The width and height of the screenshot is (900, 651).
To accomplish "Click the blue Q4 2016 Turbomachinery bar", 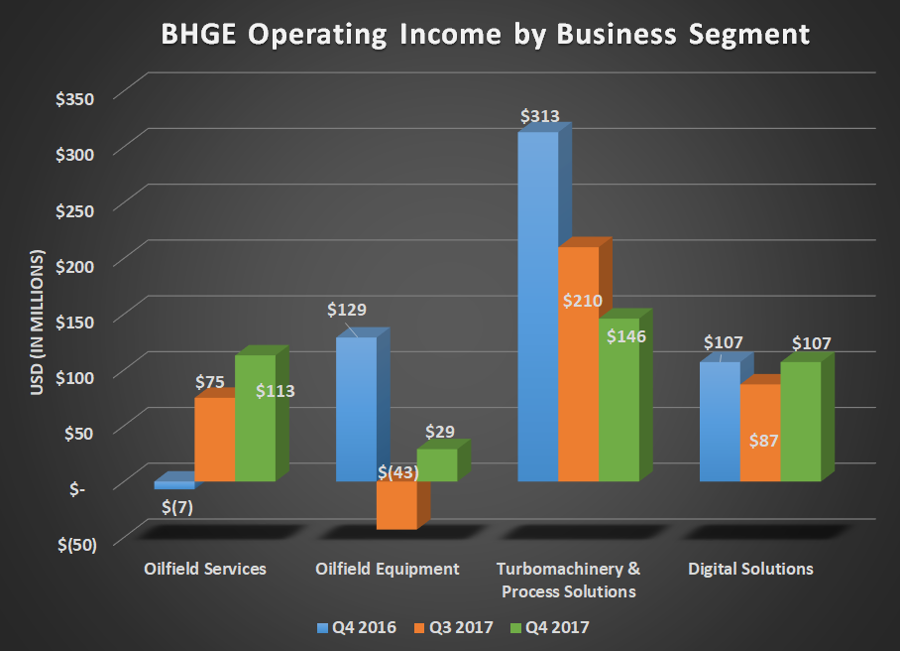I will click(538, 308).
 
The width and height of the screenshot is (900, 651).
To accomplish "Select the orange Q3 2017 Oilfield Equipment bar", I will click(396, 505).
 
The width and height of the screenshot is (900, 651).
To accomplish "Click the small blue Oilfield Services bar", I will click(174, 485).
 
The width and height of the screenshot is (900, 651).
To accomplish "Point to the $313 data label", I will click(539, 116).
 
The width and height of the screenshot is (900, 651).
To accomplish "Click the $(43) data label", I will click(397, 472).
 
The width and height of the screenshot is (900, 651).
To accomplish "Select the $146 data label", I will click(625, 336).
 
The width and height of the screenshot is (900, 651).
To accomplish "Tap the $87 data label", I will click(762, 440).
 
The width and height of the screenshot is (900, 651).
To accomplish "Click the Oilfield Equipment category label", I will click(388, 569).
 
